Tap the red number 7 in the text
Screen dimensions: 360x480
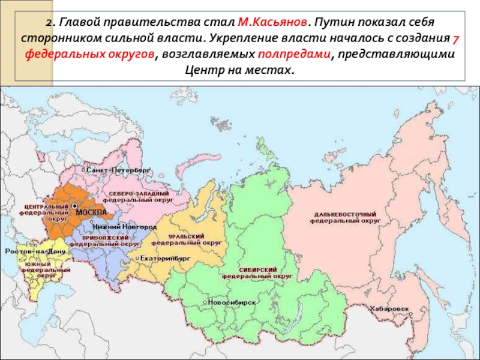[455, 38]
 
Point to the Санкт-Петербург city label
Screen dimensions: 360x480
[118, 170]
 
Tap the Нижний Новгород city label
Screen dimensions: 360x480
[125, 227]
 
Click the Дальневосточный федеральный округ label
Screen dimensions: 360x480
[346, 217]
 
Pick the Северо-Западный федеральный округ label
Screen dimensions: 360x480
[137, 196]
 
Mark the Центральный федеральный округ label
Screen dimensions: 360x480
[44, 212]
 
